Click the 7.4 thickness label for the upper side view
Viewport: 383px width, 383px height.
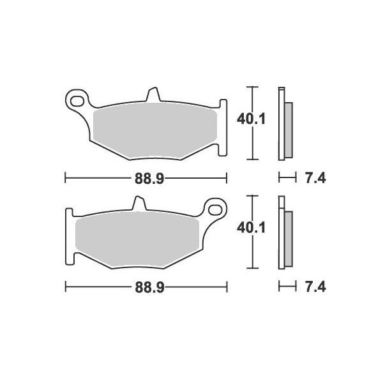point(315,179)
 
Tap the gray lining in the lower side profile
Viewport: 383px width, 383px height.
point(287,239)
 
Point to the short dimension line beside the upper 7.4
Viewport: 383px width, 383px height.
point(288,179)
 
